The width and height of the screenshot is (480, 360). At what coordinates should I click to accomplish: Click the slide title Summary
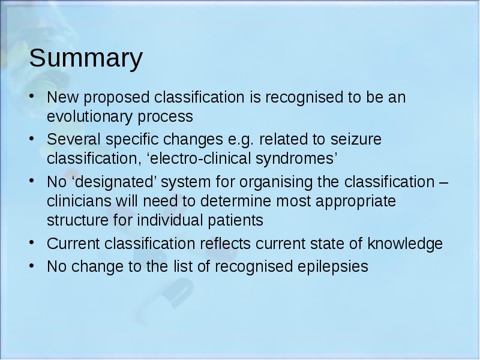86,58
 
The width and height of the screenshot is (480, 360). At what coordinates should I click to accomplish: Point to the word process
166,118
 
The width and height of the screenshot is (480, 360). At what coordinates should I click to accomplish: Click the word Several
73,139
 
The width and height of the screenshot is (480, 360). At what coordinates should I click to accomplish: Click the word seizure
356,139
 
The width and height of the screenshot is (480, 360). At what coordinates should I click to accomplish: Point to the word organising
275,182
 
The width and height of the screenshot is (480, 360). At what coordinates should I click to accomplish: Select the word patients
235,221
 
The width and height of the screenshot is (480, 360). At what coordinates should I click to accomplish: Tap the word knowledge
404,244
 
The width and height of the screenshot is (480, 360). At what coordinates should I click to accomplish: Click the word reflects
226,244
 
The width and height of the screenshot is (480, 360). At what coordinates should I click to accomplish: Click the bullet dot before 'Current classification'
32,242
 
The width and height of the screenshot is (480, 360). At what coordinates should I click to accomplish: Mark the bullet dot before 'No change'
32,265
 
